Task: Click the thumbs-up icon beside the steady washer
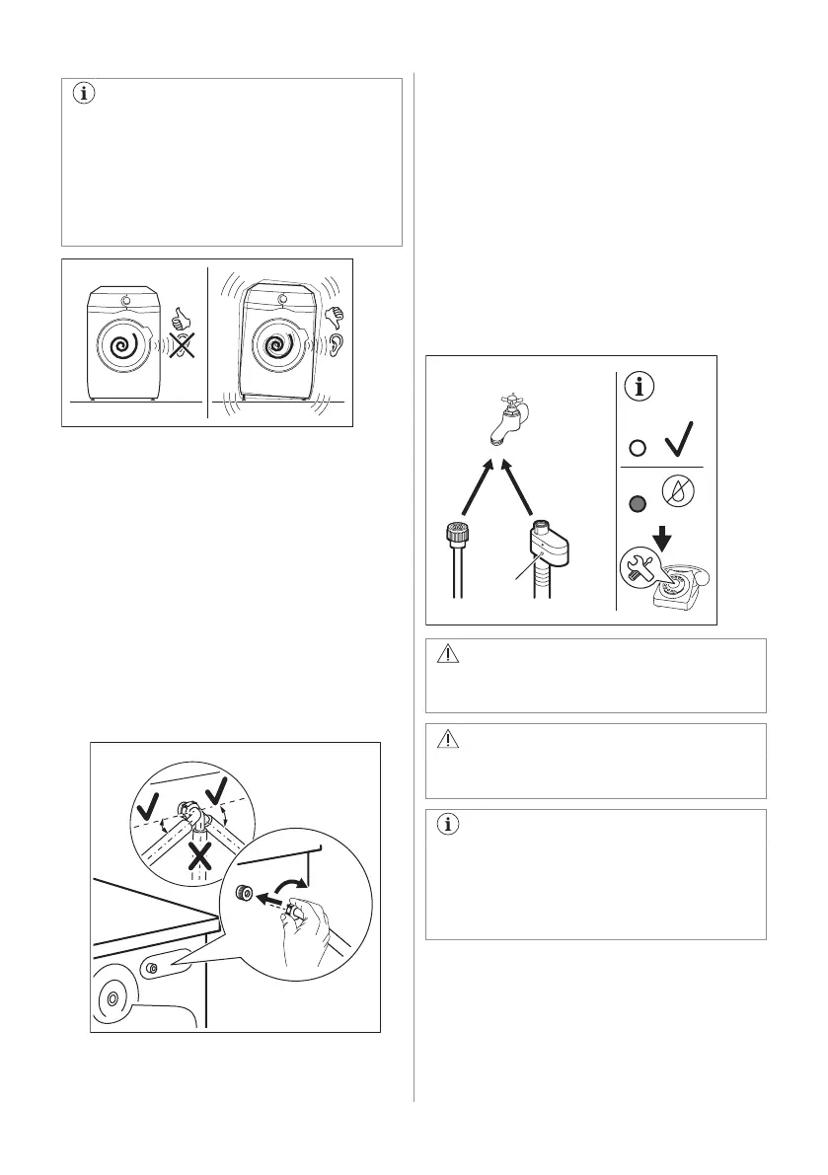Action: click(180, 320)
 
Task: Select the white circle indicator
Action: click(638, 448)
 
